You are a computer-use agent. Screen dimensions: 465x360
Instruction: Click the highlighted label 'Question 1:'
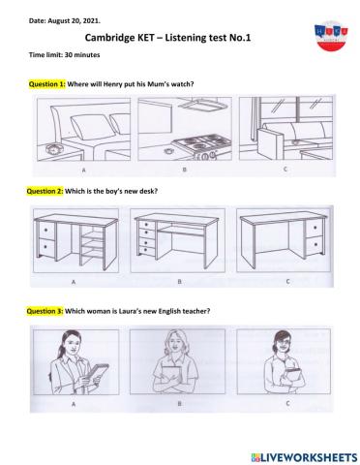click(47, 84)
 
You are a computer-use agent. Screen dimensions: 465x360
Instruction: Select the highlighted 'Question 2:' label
click(47, 191)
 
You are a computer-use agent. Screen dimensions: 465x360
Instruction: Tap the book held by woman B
click(178, 376)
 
